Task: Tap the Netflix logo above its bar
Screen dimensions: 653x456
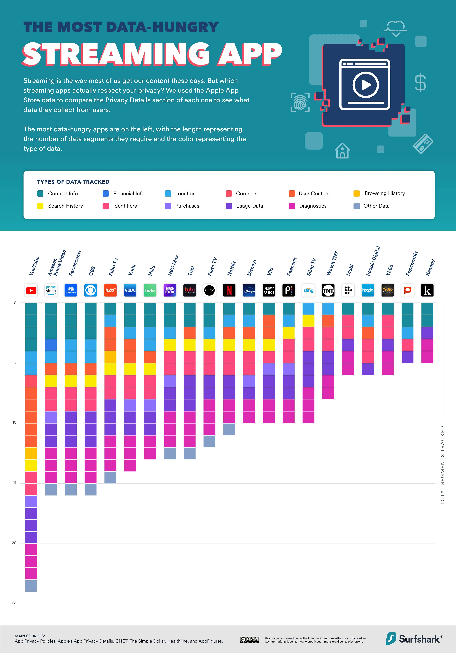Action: click(229, 290)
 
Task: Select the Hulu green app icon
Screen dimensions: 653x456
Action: click(150, 290)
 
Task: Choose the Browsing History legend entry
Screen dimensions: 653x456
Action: click(384, 193)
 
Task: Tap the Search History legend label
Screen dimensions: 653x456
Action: click(65, 206)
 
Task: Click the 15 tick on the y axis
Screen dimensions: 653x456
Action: click(14, 483)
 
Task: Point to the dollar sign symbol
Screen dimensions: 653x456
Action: click(420, 83)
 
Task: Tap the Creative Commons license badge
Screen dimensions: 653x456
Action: click(249, 640)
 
